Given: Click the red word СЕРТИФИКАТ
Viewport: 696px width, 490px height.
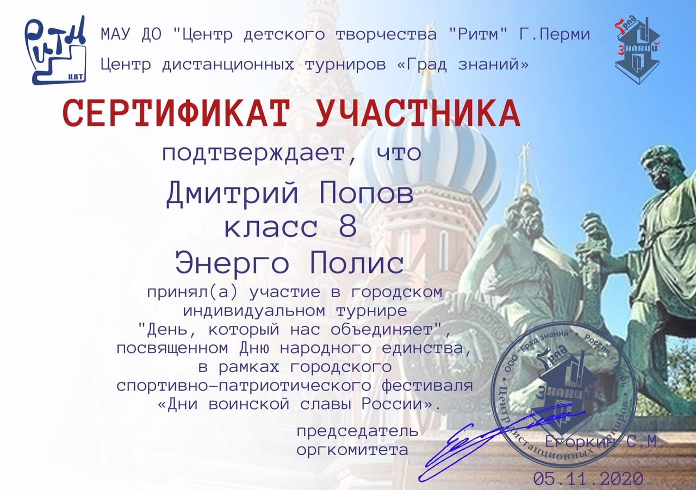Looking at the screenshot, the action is click(177, 114).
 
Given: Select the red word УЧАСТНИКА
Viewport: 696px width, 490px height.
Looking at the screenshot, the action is click(418, 114).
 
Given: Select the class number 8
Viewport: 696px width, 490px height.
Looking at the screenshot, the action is click(348, 227).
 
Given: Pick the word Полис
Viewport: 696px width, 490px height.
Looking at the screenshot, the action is click(357, 262).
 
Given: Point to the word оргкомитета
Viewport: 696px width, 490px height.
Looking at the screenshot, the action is click(352, 450).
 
